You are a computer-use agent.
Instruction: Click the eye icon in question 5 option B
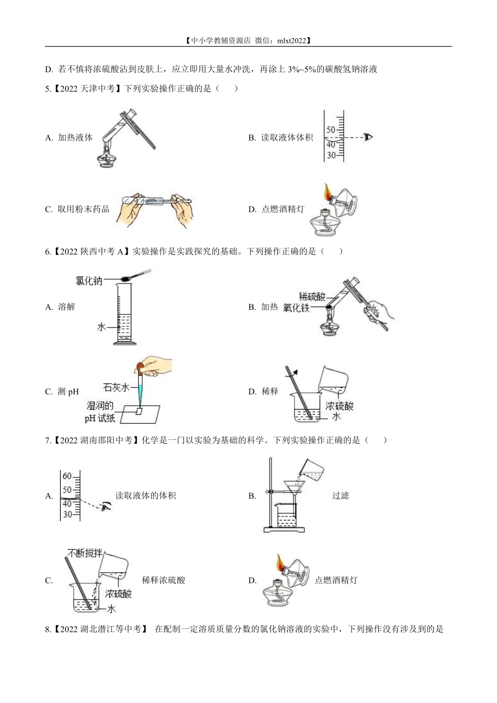[368, 137]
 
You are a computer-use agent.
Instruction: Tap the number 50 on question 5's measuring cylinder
[331, 130]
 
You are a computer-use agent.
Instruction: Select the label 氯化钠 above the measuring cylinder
[89, 280]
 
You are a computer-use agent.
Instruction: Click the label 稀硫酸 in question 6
[312, 297]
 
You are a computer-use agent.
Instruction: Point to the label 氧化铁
[296, 308]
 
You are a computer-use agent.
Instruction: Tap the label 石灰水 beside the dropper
[116, 388]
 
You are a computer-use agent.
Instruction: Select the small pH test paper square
[139, 411]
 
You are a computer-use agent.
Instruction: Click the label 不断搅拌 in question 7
[85, 553]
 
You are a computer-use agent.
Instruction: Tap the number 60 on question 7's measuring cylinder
[67, 476]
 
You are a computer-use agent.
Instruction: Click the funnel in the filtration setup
[294, 489]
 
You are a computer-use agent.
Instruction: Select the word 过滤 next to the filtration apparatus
[341, 495]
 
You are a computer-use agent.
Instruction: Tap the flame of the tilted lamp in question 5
[328, 192]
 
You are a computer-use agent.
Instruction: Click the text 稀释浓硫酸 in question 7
[163, 580]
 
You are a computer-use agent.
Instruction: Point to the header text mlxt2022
[292, 40]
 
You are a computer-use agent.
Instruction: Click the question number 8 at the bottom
[48, 629]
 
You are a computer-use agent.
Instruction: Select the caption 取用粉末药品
[84, 209]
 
